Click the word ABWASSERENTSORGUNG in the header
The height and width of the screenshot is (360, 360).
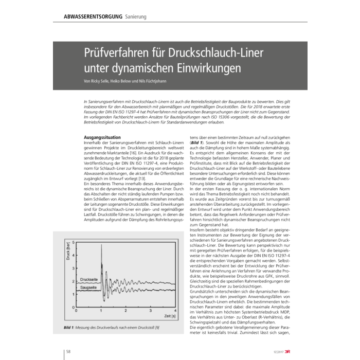pos(93,17)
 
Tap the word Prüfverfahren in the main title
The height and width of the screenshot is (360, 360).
pos(114,53)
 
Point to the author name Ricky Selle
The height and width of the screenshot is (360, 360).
pos(101,81)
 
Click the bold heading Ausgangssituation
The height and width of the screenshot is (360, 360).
pos(102,137)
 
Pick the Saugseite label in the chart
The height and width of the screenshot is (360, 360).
pos(90,288)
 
